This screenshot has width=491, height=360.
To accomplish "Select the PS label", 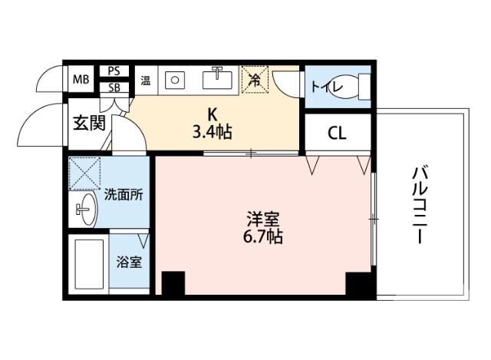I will click(x=114, y=71).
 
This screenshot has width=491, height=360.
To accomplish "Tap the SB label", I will click(x=114, y=87).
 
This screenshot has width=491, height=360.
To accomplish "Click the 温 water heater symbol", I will click(x=145, y=79).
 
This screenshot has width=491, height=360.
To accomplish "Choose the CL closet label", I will click(x=337, y=133).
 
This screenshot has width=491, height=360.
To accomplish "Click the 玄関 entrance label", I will click(x=89, y=123).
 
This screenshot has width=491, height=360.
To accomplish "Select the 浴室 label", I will click(x=128, y=263).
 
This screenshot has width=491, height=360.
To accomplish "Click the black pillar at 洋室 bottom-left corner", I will click(x=173, y=284).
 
